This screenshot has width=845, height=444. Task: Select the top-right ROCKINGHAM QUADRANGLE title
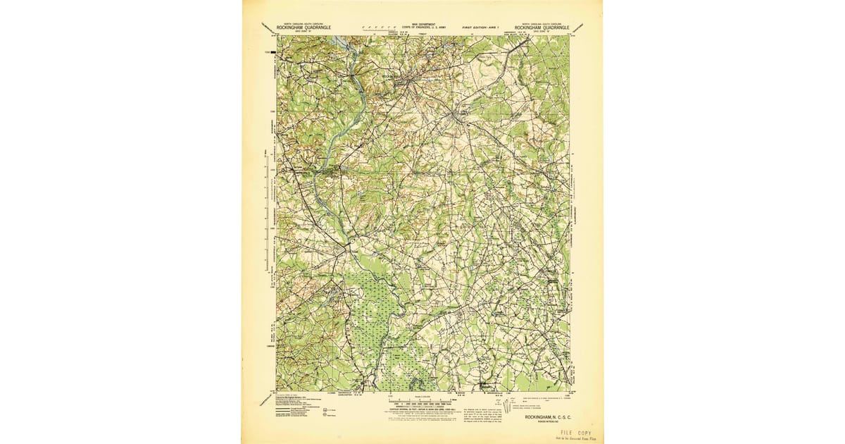(x=541, y=27)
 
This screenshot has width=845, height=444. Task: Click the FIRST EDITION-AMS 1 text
(x=484, y=27)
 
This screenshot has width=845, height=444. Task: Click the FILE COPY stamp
(x=576, y=432)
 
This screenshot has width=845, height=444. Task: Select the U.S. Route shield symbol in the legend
(x=325, y=409)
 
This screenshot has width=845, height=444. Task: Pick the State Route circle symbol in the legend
(x=325, y=415)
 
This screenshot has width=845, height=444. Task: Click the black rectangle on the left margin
(x=268, y=51)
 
